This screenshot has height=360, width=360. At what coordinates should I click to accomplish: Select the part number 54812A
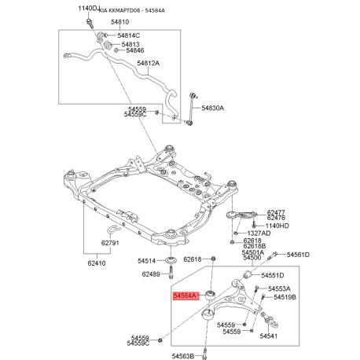(x=149, y=63)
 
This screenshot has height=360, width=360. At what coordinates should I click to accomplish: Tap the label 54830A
(x=213, y=108)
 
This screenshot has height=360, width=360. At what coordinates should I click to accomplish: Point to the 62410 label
(x=97, y=263)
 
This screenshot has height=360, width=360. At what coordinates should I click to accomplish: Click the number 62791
(x=110, y=243)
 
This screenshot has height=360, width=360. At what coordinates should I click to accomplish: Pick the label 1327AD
(x=259, y=233)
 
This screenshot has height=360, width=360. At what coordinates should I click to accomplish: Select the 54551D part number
(x=273, y=275)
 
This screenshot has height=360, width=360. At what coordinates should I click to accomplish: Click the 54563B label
(x=183, y=356)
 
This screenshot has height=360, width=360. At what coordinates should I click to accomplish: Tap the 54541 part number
(x=269, y=336)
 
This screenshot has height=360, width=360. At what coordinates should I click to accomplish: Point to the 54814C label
(x=129, y=35)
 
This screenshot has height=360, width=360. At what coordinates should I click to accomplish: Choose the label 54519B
(x=285, y=297)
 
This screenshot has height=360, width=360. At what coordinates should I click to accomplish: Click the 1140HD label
(x=277, y=226)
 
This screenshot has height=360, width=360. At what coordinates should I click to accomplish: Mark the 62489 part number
(x=151, y=274)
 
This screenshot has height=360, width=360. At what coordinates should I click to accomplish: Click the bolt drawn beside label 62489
(x=171, y=272)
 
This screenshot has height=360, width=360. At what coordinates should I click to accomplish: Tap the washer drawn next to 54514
(x=171, y=260)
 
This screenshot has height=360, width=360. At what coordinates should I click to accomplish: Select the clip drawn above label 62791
(x=114, y=230)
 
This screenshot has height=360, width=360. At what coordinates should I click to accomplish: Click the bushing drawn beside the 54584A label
(x=211, y=295)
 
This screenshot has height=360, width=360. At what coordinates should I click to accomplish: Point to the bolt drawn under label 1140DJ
(x=90, y=24)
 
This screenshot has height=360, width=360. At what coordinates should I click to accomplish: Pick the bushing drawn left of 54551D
(x=248, y=275)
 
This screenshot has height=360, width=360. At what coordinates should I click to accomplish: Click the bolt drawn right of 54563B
(x=205, y=354)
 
